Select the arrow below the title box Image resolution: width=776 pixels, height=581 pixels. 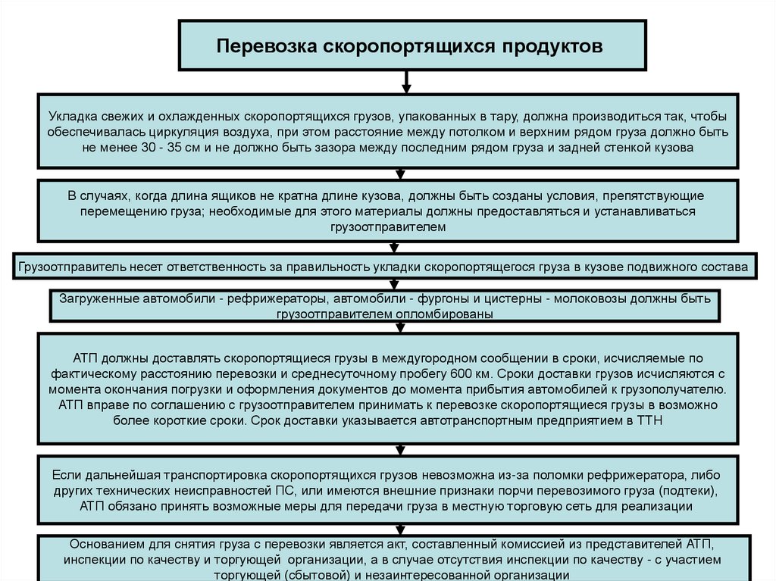pyautogui.click(x=408, y=81)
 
